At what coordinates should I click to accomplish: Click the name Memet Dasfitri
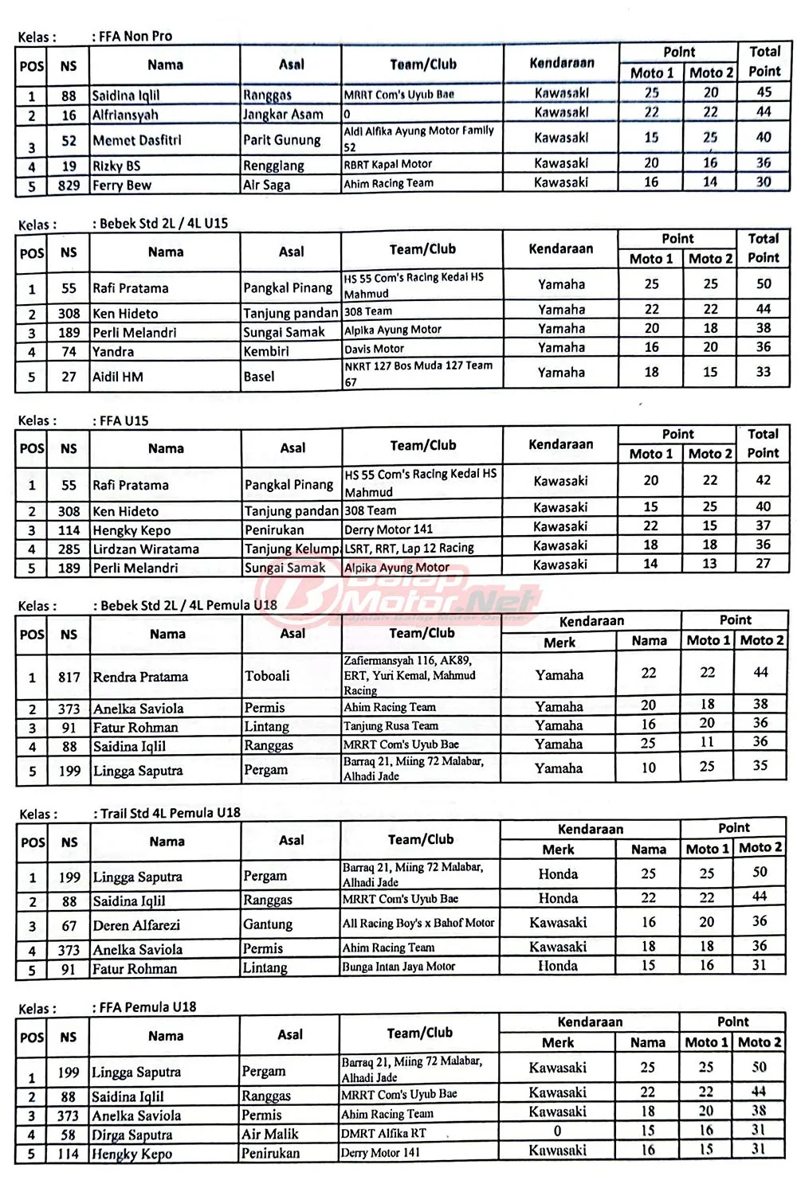(x=137, y=140)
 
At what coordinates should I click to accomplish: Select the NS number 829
(x=69, y=186)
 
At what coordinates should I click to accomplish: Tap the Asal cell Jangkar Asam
(x=283, y=115)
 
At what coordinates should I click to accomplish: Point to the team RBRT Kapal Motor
(x=388, y=165)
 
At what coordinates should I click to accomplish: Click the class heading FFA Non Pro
(x=135, y=36)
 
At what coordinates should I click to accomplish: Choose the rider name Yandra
(x=113, y=352)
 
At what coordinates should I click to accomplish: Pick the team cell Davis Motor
(x=375, y=349)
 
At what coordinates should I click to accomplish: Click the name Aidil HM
(x=118, y=377)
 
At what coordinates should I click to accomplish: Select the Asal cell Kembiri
(x=266, y=351)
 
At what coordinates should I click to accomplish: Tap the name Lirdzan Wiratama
(x=146, y=549)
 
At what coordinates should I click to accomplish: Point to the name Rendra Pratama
(x=140, y=677)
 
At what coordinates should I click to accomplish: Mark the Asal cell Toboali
(x=267, y=676)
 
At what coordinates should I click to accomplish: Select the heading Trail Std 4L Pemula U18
(x=170, y=813)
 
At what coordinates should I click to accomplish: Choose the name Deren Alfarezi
(x=136, y=925)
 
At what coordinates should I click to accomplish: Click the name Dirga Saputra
(x=132, y=1135)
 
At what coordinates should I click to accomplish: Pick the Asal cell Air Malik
(x=270, y=1134)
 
